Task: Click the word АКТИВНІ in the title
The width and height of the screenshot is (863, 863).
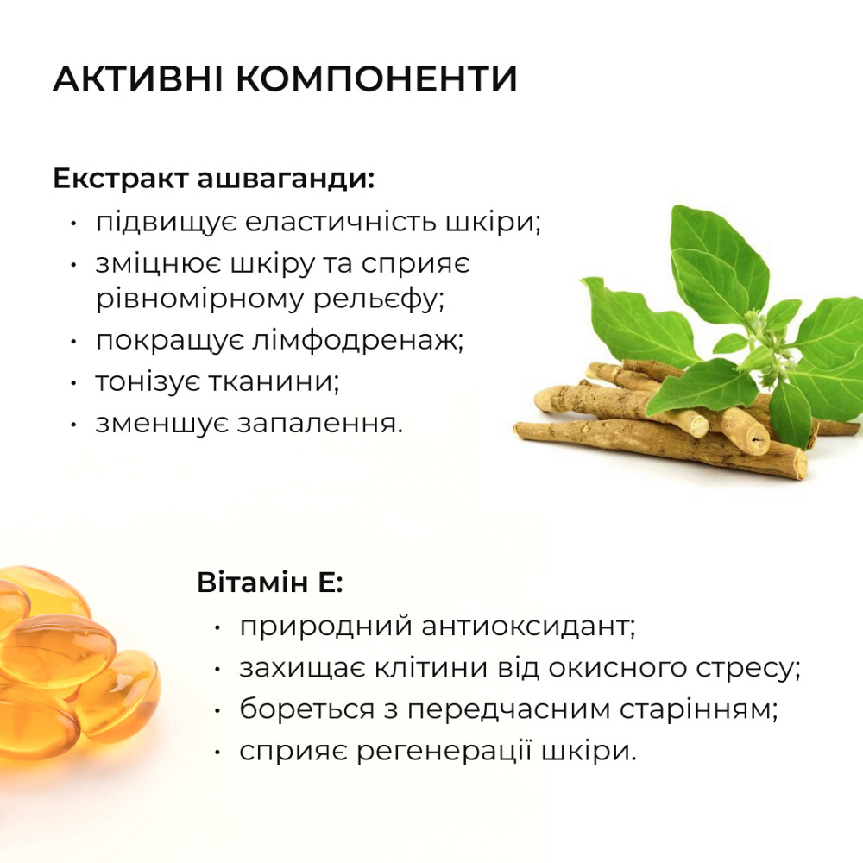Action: tap(136, 79)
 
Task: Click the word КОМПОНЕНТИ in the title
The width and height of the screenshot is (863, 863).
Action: tap(376, 79)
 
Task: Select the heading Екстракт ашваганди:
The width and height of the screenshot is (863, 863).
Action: tap(214, 180)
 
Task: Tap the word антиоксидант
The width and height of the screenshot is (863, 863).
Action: tap(530, 626)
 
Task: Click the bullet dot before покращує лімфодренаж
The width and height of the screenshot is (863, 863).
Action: tap(76, 340)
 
